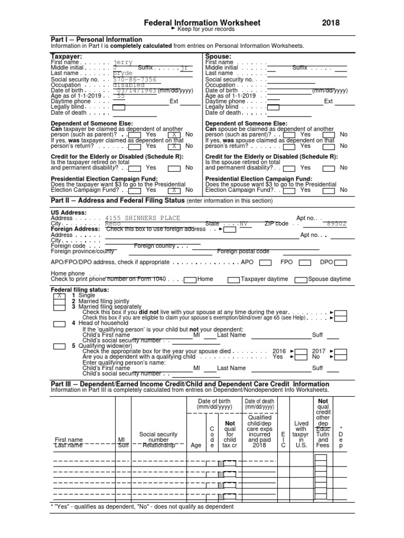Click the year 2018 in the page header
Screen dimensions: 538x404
[331, 23]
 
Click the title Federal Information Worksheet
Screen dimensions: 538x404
[202, 23]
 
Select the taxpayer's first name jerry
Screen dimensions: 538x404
[123, 62]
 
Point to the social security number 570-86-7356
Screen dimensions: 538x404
[135, 79]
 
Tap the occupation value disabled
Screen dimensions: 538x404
[129, 85]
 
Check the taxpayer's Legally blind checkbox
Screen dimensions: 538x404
[119, 107]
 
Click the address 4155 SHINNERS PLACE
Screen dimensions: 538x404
[143, 218]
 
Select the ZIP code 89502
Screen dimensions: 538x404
[337, 223]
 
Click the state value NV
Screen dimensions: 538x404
[243, 223]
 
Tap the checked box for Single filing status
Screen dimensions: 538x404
[59, 296]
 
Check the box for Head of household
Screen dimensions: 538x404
[59, 324]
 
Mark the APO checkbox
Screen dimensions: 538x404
[266, 262]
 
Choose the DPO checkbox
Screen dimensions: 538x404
[341, 262]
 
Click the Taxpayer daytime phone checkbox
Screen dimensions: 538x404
[234, 280]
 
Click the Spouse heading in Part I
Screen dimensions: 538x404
[218, 56]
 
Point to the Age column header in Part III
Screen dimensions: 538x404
[196, 445]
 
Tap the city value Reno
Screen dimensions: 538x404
[113, 223]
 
